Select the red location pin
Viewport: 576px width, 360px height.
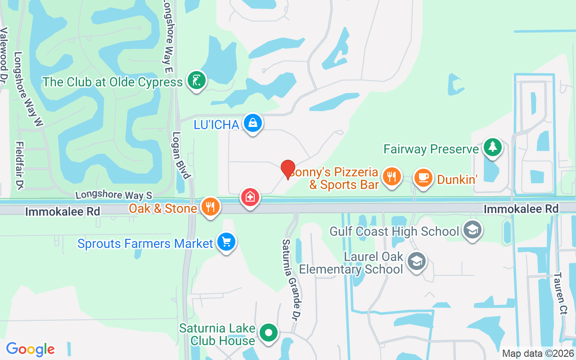click(x=288, y=170)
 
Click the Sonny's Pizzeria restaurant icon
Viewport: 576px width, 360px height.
click(x=392, y=176)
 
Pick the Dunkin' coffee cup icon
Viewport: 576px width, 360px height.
click(x=423, y=177)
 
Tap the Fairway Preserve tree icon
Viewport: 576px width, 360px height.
click(x=493, y=147)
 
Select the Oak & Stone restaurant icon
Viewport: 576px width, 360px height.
click(x=210, y=207)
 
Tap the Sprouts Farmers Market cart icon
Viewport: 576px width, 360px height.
click(x=226, y=242)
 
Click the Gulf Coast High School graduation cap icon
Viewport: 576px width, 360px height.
click(x=472, y=230)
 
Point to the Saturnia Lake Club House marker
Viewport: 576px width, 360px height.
click(x=269, y=333)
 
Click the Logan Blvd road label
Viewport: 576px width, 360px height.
click(x=181, y=155)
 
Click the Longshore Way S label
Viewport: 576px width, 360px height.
click(x=114, y=195)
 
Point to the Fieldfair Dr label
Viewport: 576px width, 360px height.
click(x=20, y=165)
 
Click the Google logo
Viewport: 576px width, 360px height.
click(x=31, y=349)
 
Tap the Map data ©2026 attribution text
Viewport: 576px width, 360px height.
click(x=538, y=353)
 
